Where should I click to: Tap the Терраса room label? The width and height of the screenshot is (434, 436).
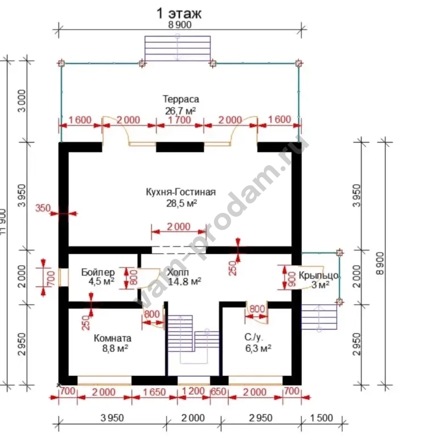point(180,99)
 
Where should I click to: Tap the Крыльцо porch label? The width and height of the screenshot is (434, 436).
point(319,275)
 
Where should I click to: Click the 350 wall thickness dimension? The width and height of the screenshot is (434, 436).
point(43,208)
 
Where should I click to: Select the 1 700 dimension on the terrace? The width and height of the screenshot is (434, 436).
point(180,120)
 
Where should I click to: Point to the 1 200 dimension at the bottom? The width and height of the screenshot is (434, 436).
point(193,392)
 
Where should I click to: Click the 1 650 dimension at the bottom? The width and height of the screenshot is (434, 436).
point(154,392)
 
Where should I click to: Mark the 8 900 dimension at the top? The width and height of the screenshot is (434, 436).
point(179,25)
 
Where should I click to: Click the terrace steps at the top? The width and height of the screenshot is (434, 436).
point(177,49)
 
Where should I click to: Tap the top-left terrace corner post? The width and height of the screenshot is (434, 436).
point(61,64)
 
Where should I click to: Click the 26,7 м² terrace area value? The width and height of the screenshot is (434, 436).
point(180,109)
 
